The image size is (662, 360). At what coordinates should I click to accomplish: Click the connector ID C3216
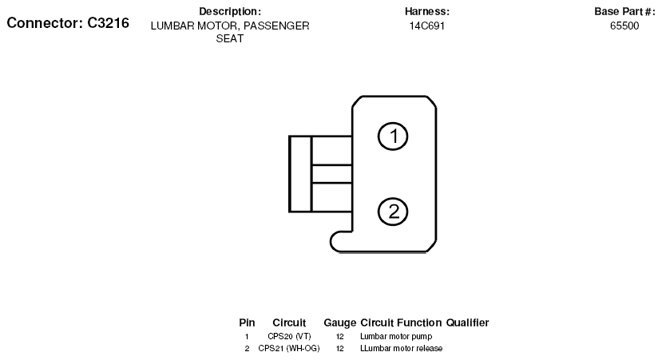[108, 23]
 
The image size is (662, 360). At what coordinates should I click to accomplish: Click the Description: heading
[230, 11]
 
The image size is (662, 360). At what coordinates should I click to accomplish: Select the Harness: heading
[427, 11]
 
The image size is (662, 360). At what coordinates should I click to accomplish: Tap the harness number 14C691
[427, 26]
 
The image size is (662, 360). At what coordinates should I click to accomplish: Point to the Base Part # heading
[624, 11]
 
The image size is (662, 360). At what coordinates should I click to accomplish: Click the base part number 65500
[624, 26]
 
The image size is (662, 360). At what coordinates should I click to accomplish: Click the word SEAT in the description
[230, 38]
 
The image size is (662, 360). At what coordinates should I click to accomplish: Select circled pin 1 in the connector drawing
[393, 136]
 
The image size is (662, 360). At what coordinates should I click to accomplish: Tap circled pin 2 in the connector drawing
[393, 212]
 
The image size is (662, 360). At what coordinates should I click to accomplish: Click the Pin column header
[247, 322]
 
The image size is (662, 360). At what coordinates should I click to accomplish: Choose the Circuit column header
[289, 322]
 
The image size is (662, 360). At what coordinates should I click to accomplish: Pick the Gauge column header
[340, 322]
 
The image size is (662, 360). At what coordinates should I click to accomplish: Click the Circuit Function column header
[401, 322]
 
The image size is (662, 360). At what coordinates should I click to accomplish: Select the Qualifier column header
[467, 322]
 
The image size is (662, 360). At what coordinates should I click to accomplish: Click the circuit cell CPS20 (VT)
[289, 336]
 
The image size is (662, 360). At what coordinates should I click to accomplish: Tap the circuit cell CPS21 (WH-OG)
[289, 348]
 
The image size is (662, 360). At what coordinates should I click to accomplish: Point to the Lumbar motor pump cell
[396, 336]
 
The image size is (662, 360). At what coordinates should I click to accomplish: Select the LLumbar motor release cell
[401, 348]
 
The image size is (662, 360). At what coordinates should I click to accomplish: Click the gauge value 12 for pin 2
[340, 348]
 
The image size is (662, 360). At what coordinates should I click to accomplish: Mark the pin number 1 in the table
[247, 336]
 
